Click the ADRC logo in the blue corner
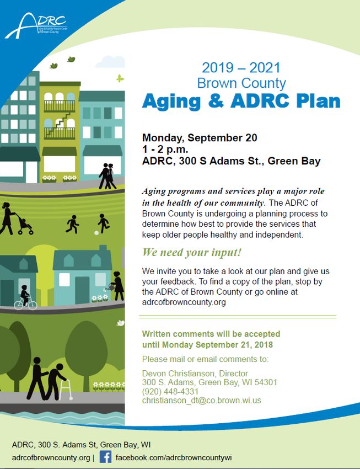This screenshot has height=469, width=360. (x=36, y=26)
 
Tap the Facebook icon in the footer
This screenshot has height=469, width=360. (x=105, y=457)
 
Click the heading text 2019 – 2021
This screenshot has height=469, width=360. (x=241, y=68)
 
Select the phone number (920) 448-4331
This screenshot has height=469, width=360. (x=170, y=392)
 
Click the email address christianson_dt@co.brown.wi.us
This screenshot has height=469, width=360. (x=202, y=400)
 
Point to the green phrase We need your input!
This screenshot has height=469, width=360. (x=191, y=253)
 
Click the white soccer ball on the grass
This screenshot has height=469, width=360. (x=96, y=232)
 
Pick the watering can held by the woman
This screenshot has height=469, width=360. (x=108, y=287)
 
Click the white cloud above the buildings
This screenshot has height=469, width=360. (x=110, y=62)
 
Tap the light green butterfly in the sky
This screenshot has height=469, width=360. (x=120, y=78)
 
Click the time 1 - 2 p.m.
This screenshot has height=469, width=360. (x=165, y=150)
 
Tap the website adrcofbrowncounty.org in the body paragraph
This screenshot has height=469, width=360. (x=184, y=302)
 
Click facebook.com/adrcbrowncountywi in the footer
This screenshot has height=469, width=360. (x=174, y=457)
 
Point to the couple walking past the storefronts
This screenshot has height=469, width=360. (x=108, y=176)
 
